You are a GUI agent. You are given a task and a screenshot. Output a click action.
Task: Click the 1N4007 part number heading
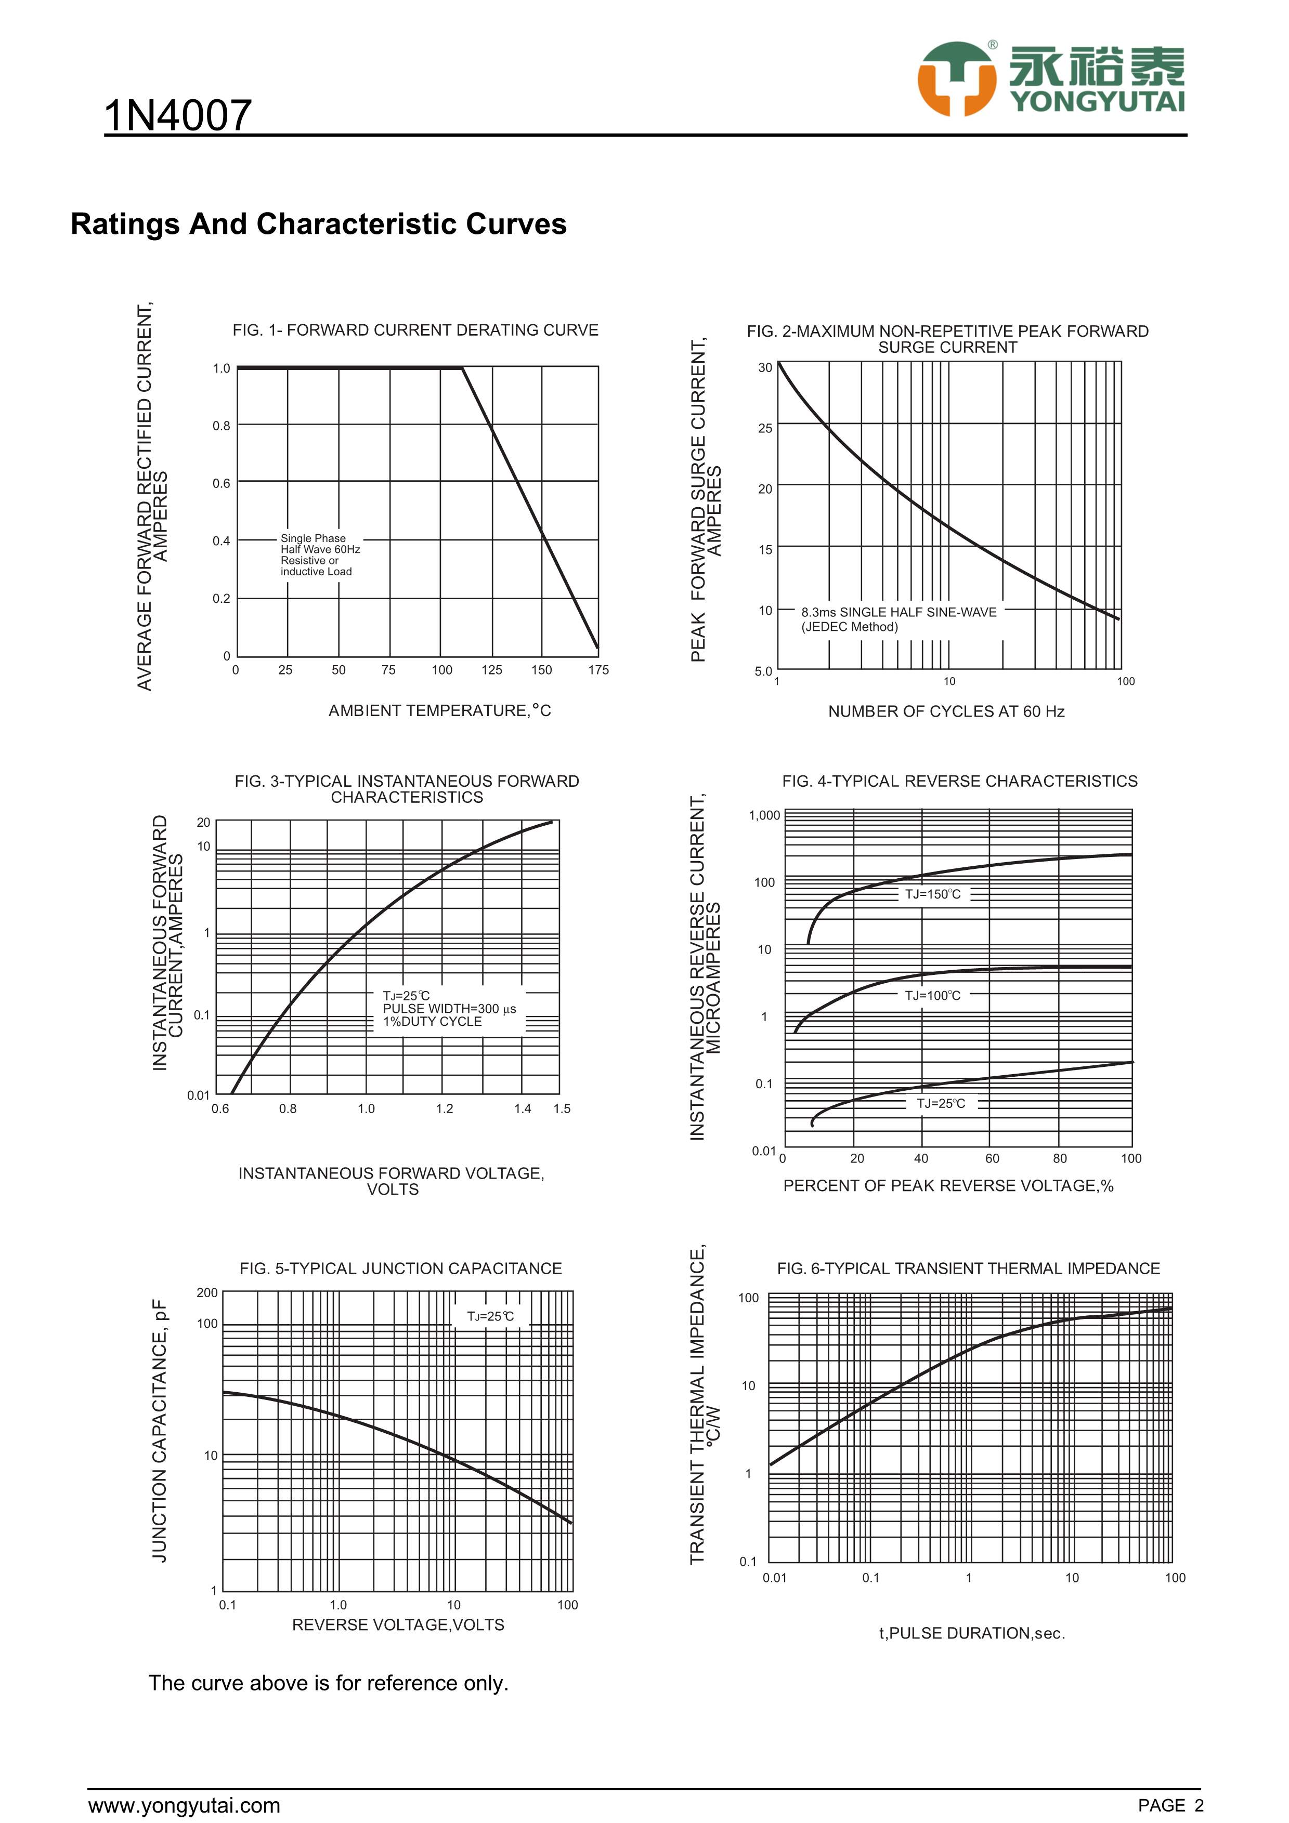[x=178, y=116]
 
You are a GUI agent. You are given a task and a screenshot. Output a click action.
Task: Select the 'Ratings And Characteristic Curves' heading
[x=318, y=224]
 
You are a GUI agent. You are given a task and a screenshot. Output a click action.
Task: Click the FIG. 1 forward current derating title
[x=414, y=331]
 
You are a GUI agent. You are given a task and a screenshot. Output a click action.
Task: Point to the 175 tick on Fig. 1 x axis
[x=598, y=670]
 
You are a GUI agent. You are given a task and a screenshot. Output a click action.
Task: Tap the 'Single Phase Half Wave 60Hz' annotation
[x=320, y=544]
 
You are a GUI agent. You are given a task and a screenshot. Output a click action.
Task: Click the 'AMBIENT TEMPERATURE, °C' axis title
[x=439, y=710]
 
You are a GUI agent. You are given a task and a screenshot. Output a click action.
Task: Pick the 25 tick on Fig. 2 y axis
[x=765, y=429]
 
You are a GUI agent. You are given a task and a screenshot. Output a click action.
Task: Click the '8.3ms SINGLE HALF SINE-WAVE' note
[x=899, y=612]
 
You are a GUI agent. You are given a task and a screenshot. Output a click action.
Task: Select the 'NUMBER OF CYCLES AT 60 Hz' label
[x=946, y=711]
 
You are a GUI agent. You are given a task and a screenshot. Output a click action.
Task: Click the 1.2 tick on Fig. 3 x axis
[x=444, y=1108]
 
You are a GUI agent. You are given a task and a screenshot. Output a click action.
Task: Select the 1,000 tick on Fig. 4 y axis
[x=764, y=815]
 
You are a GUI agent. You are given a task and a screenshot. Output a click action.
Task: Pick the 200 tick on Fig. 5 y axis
[x=206, y=1292]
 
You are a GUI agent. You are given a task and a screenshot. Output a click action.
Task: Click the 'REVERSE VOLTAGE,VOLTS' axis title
[x=398, y=1626]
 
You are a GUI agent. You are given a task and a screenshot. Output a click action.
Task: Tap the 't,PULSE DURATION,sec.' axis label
[x=971, y=1633]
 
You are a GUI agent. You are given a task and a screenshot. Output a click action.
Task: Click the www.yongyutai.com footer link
[x=184, y=1805]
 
